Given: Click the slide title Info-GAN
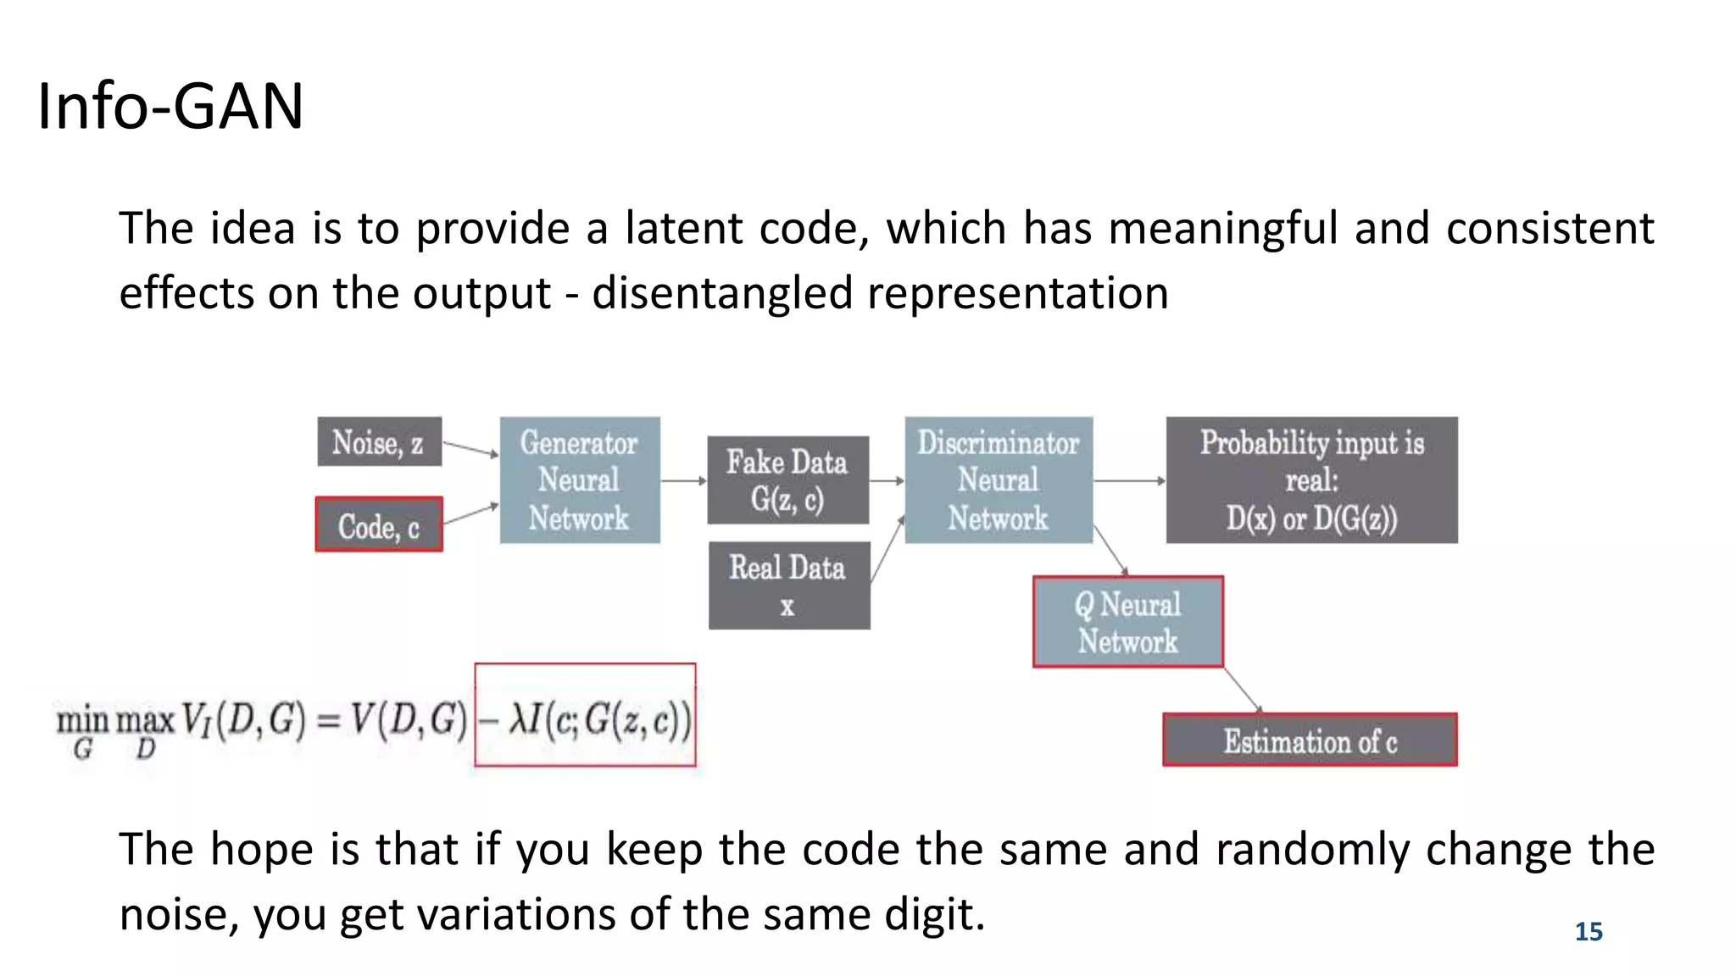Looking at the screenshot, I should pyautogui.click(x=170, y=107).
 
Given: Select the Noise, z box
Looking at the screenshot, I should pyautogui.click(x=379, y=441).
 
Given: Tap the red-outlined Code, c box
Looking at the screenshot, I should pyautogui.click(x=379, y=525).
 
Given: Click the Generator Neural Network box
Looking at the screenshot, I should pyautogui.click(x=579, y=480).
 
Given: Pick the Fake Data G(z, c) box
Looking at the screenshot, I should pyautogui.click(x=787, y=480).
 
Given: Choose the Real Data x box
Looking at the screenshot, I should pyautogui.click(x=788, y=585).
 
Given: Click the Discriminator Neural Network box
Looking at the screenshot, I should pyautogui.click(x=998, y=480).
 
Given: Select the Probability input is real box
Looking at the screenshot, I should pyautogui.click(x=1311, y=480).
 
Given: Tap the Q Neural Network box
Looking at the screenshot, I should pyautogui.click(x=1127, y=622).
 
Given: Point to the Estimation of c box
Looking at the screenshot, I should pyautogui.click(x=1310, y=740).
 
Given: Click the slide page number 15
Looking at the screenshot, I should pyautogui.click(x=1589, y=932).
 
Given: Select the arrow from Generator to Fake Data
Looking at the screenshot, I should pyautogui.click(x=683, y=480).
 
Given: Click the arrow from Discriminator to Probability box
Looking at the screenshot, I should pyautogui.click(x=1129, y=480).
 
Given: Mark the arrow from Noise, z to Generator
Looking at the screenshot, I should pyautogui.click(x=470, y=449).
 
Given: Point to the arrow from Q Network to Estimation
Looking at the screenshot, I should pyautogui.click(x=1244, y=690).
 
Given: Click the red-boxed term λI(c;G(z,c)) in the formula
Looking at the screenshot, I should pyautogui.click(x=585, y=717).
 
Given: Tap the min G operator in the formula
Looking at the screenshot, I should pyautogui.click(x=82, y=730).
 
